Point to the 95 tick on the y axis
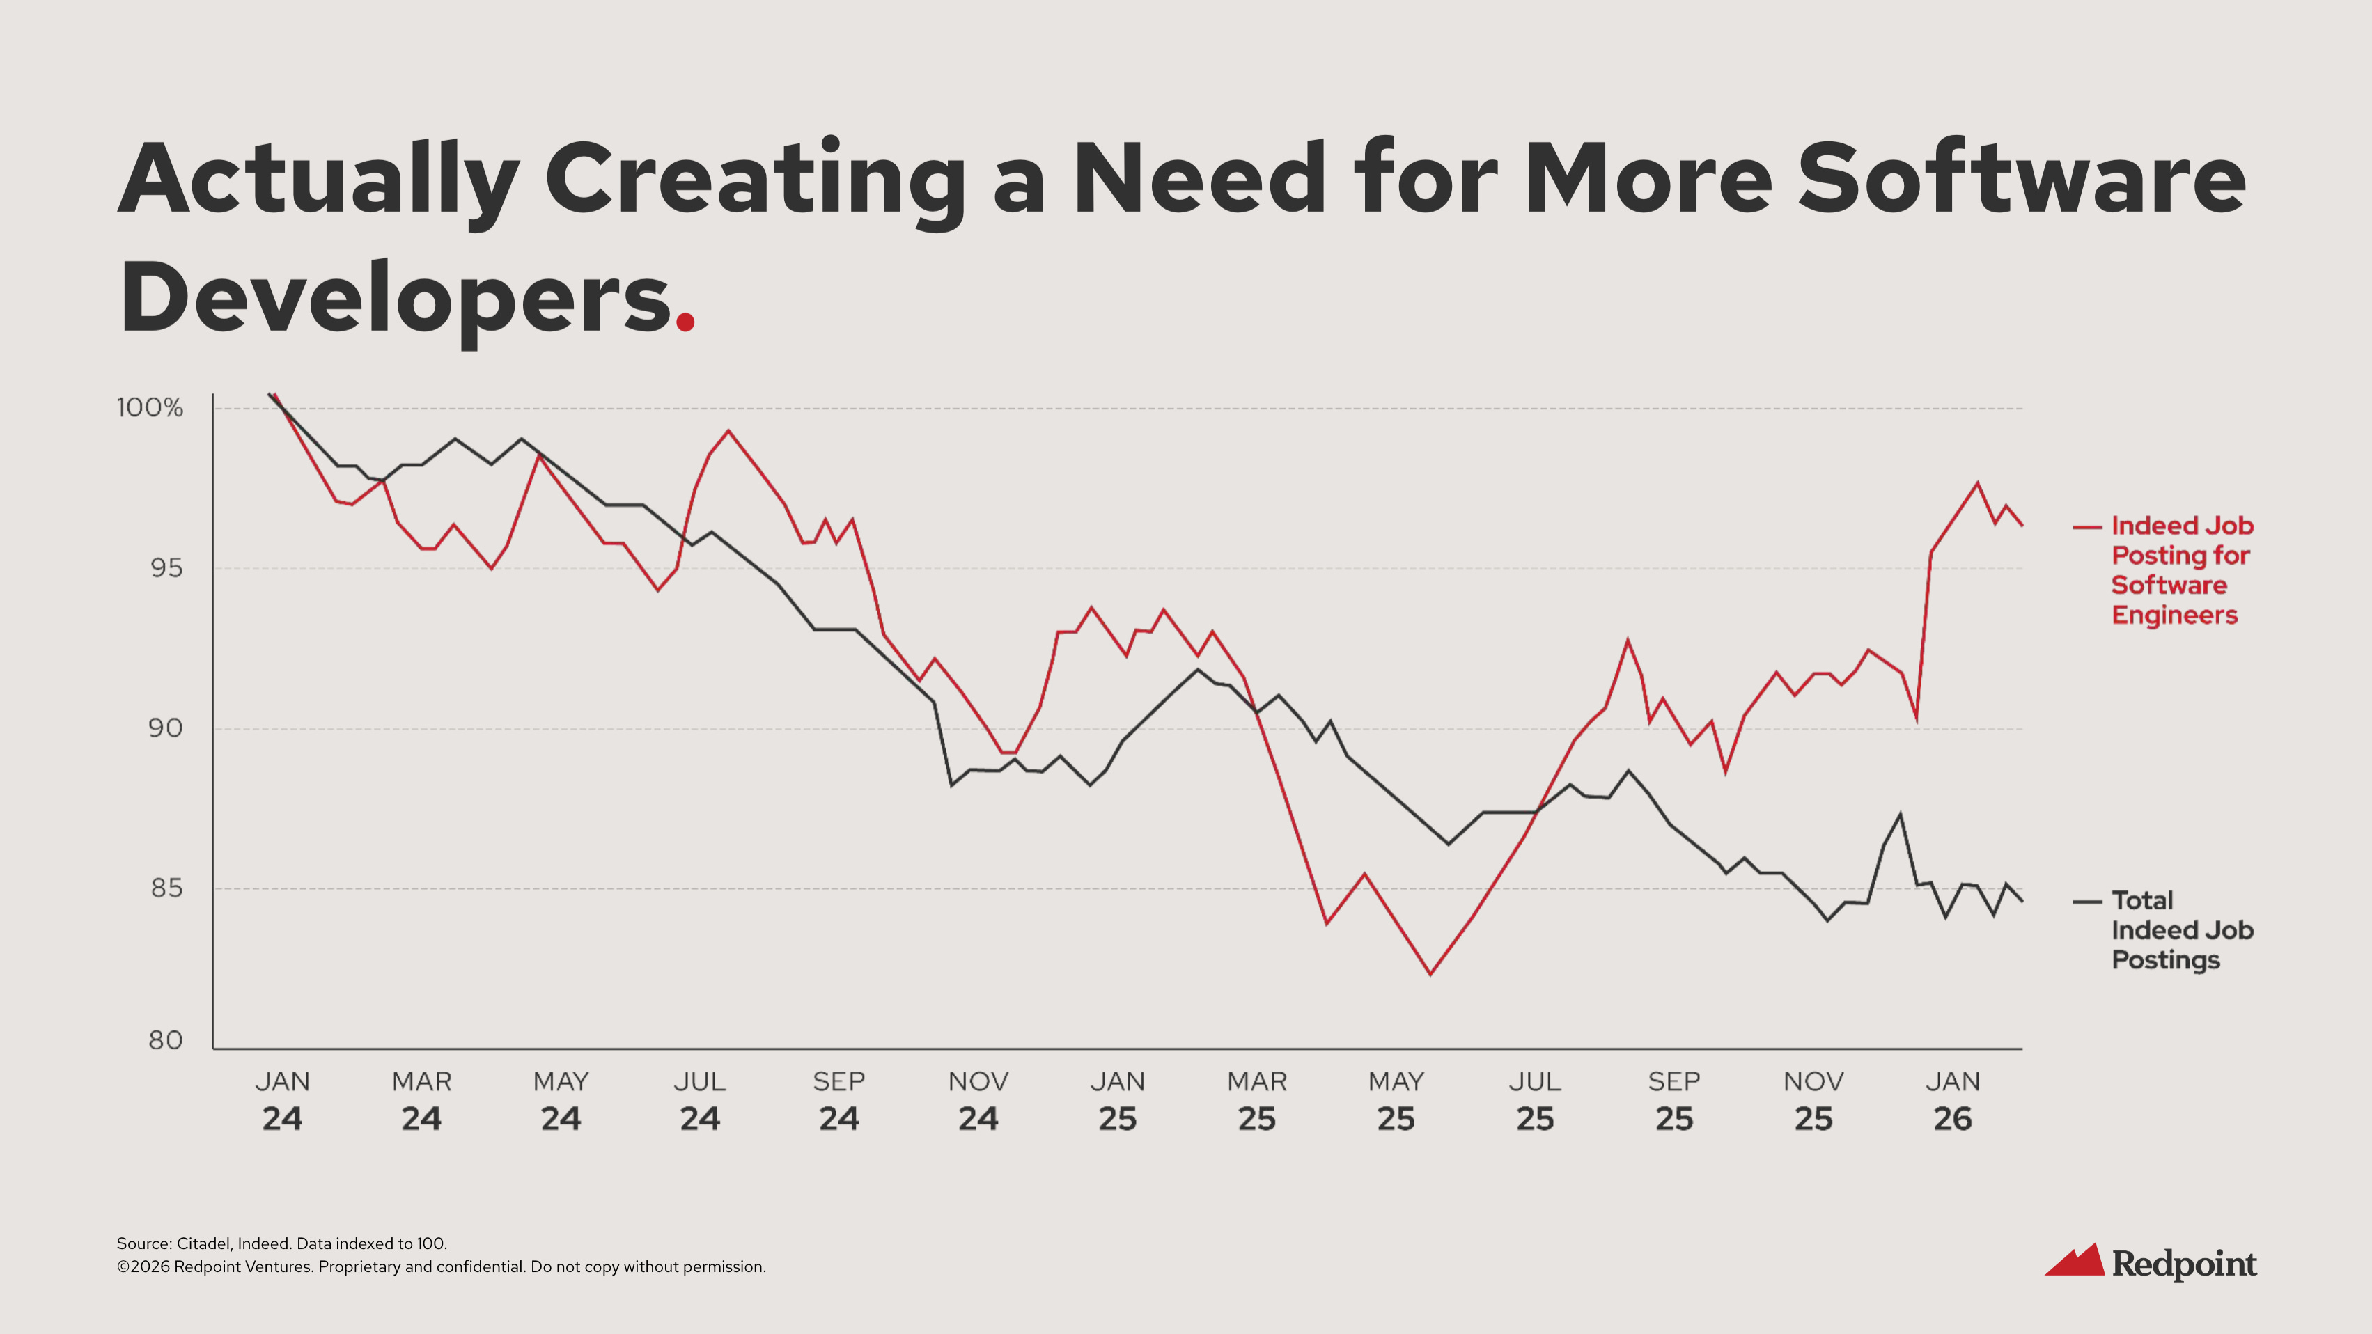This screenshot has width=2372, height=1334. pos(166,568)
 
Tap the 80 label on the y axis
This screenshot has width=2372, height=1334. pos(166,1040)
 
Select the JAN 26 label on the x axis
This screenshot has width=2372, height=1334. pos(1952,1100)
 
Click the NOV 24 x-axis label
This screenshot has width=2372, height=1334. pos(978,1100)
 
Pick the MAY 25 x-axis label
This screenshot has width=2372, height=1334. pos(1396,1100)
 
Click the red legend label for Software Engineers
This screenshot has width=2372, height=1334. pos(2180,570)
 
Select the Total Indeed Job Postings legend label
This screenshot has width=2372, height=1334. pos(2180,930)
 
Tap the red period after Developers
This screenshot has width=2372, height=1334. pos(685,320)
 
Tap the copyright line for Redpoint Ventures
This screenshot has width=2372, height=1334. pos(441,1266)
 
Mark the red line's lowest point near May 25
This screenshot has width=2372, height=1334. pos(1430,974)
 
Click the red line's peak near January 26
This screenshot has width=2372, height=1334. pos(1977,483)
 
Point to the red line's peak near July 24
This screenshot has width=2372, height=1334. pos(728,431)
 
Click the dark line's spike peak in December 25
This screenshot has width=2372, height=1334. pos(1900,814)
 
